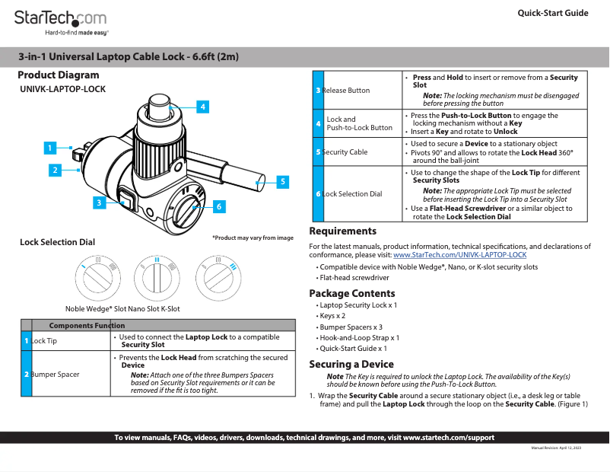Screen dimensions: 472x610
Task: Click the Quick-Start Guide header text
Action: (552, 13)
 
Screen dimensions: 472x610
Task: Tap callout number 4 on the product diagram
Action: (202, 107)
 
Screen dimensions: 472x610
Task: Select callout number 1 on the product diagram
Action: (49, 148)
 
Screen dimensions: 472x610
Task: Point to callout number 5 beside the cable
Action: (282, 181)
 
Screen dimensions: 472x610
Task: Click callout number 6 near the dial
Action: (218, 206)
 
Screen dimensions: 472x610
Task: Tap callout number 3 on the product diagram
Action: (99, 203)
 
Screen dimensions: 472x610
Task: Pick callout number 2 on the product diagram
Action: (55, 171)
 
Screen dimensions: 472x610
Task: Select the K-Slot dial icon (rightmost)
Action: (216, 275)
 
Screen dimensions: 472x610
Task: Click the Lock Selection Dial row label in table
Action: (351, 194)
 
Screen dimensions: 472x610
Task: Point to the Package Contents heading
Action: (351, 293)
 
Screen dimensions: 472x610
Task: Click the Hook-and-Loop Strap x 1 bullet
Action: (359, 337)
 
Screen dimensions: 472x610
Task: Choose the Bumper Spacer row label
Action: (54, 374)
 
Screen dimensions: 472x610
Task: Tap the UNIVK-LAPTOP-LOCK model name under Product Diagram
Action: (62, 89)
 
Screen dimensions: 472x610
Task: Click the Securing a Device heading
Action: (351, 364)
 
